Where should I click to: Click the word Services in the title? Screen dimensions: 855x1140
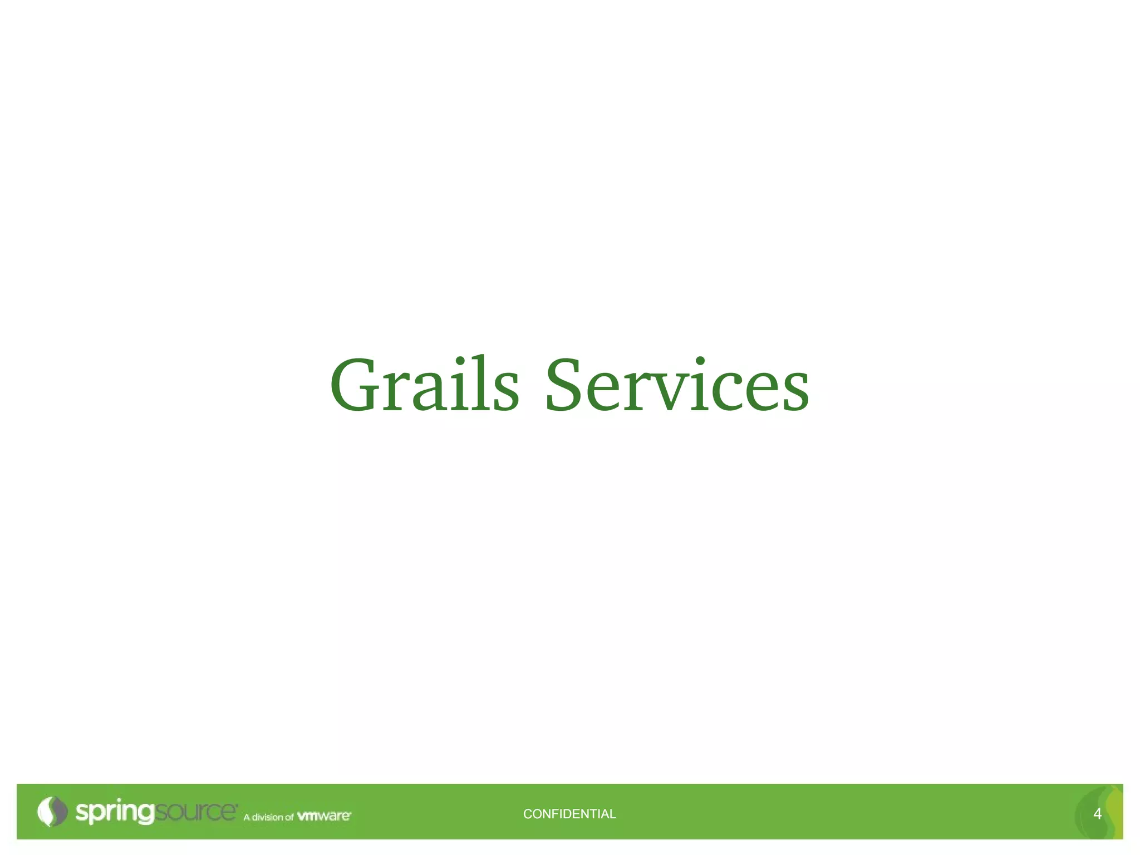coord(677,385)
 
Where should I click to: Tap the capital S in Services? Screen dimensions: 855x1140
coord(566,385)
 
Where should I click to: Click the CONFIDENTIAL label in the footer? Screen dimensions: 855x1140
coord(569,814)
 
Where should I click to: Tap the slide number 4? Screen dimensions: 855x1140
coord(1097,814)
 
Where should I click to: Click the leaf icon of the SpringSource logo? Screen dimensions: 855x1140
coord(51,812)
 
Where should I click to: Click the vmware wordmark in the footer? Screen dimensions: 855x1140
coord(324,816)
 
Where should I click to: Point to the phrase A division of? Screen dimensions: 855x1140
coord(268,817)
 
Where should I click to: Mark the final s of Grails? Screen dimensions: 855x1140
coord(505,393)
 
